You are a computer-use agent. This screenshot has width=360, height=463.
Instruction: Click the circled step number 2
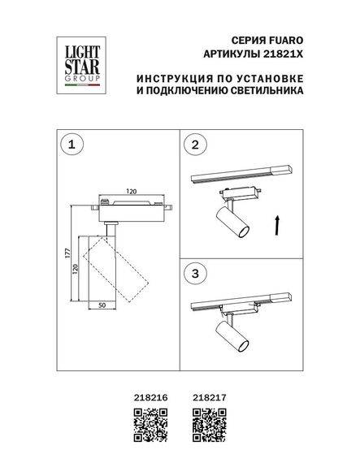coord(194,146)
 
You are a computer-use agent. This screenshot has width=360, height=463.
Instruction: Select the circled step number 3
coord(194,272)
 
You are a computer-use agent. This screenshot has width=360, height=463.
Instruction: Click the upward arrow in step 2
coord(278,223)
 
